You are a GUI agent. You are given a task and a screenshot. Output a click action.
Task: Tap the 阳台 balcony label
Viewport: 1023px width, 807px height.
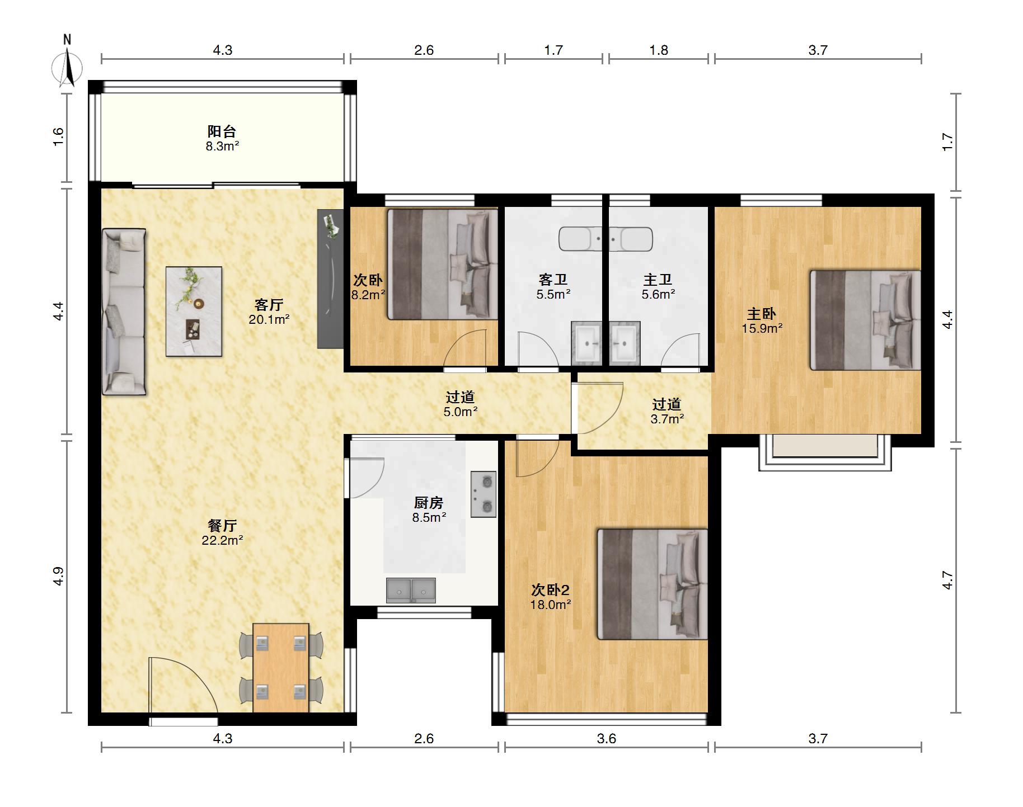(x=222, y=131)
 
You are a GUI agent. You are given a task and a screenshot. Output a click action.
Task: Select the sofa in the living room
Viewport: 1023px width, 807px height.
(x=124, y=312)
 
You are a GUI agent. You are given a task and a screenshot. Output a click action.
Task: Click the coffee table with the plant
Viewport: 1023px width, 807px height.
(x=194, y=311)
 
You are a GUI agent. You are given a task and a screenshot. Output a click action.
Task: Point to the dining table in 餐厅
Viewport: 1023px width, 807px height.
(x=281, y=668)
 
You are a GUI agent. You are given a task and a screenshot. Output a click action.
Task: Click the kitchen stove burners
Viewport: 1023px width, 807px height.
(x=484, y=494)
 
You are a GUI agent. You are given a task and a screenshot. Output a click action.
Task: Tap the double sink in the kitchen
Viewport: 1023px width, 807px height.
(x=411, y=591)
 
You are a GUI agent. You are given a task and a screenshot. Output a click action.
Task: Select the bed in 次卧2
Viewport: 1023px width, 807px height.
(x=653, y=584)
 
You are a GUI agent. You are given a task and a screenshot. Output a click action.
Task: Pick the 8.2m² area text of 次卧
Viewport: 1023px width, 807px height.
(x=368, y=295)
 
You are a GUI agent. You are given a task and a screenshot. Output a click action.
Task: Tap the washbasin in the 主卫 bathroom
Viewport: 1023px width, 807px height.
(x=625, y=343)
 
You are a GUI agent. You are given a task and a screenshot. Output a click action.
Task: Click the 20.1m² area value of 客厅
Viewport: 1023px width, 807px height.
(x=269, y=320)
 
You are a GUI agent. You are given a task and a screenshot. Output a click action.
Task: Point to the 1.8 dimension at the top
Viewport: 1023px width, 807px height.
(x=659, y=50)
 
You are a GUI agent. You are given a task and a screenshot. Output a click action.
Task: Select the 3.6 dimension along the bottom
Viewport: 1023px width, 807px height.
(x=606, y=739)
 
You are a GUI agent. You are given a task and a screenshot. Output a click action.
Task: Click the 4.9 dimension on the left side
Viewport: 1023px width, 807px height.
(x=58, y=577)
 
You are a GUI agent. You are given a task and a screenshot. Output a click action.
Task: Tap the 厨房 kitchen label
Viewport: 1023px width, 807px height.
(x=429, y=503)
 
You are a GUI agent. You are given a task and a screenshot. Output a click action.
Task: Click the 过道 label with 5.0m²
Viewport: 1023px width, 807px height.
(x=461, y=397)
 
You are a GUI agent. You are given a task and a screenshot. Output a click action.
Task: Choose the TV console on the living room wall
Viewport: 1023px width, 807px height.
(x=330, y=279)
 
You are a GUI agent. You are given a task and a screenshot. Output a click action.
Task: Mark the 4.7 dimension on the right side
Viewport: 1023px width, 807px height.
(x=947, y=580)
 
